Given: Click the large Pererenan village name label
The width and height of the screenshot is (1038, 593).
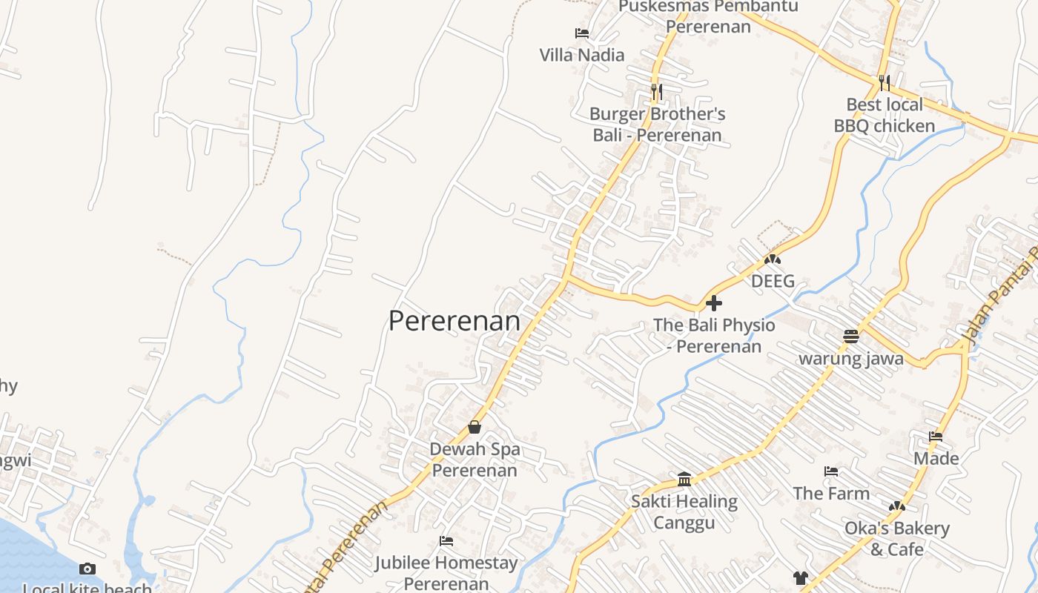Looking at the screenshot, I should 454,321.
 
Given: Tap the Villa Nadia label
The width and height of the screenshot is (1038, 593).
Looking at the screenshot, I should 581,55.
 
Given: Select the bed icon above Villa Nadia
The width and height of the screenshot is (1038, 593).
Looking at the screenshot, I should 582,33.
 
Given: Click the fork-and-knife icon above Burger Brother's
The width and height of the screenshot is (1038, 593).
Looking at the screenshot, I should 656,91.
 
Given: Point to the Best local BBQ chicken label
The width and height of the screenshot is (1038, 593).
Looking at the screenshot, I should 884,115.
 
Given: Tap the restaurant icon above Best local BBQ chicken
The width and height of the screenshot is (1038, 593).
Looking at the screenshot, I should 884,82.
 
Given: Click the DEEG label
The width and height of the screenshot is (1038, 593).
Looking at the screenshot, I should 773,281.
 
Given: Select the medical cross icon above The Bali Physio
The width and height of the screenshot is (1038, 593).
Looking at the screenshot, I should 714,303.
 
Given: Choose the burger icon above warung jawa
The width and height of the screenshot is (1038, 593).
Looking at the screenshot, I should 850,337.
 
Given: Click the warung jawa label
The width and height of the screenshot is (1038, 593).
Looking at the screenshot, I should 850,359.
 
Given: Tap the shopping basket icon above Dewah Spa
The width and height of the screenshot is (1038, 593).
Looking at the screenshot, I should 475,427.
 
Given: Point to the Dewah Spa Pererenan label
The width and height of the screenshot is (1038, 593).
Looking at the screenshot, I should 475,460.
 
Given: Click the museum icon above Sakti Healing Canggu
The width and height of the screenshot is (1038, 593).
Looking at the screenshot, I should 684,479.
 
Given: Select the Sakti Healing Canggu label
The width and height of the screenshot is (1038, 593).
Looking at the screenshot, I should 684,512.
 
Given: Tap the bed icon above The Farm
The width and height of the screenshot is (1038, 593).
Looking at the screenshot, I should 831,471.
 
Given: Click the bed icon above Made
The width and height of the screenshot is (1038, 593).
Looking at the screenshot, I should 936,437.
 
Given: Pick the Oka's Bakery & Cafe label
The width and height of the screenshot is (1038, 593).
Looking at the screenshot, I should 896,539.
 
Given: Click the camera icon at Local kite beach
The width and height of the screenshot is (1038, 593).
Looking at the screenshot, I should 87,569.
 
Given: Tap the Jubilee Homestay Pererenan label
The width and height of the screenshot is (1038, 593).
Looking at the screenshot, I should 446,573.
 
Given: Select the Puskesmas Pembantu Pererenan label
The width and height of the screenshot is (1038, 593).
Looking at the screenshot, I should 708,16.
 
